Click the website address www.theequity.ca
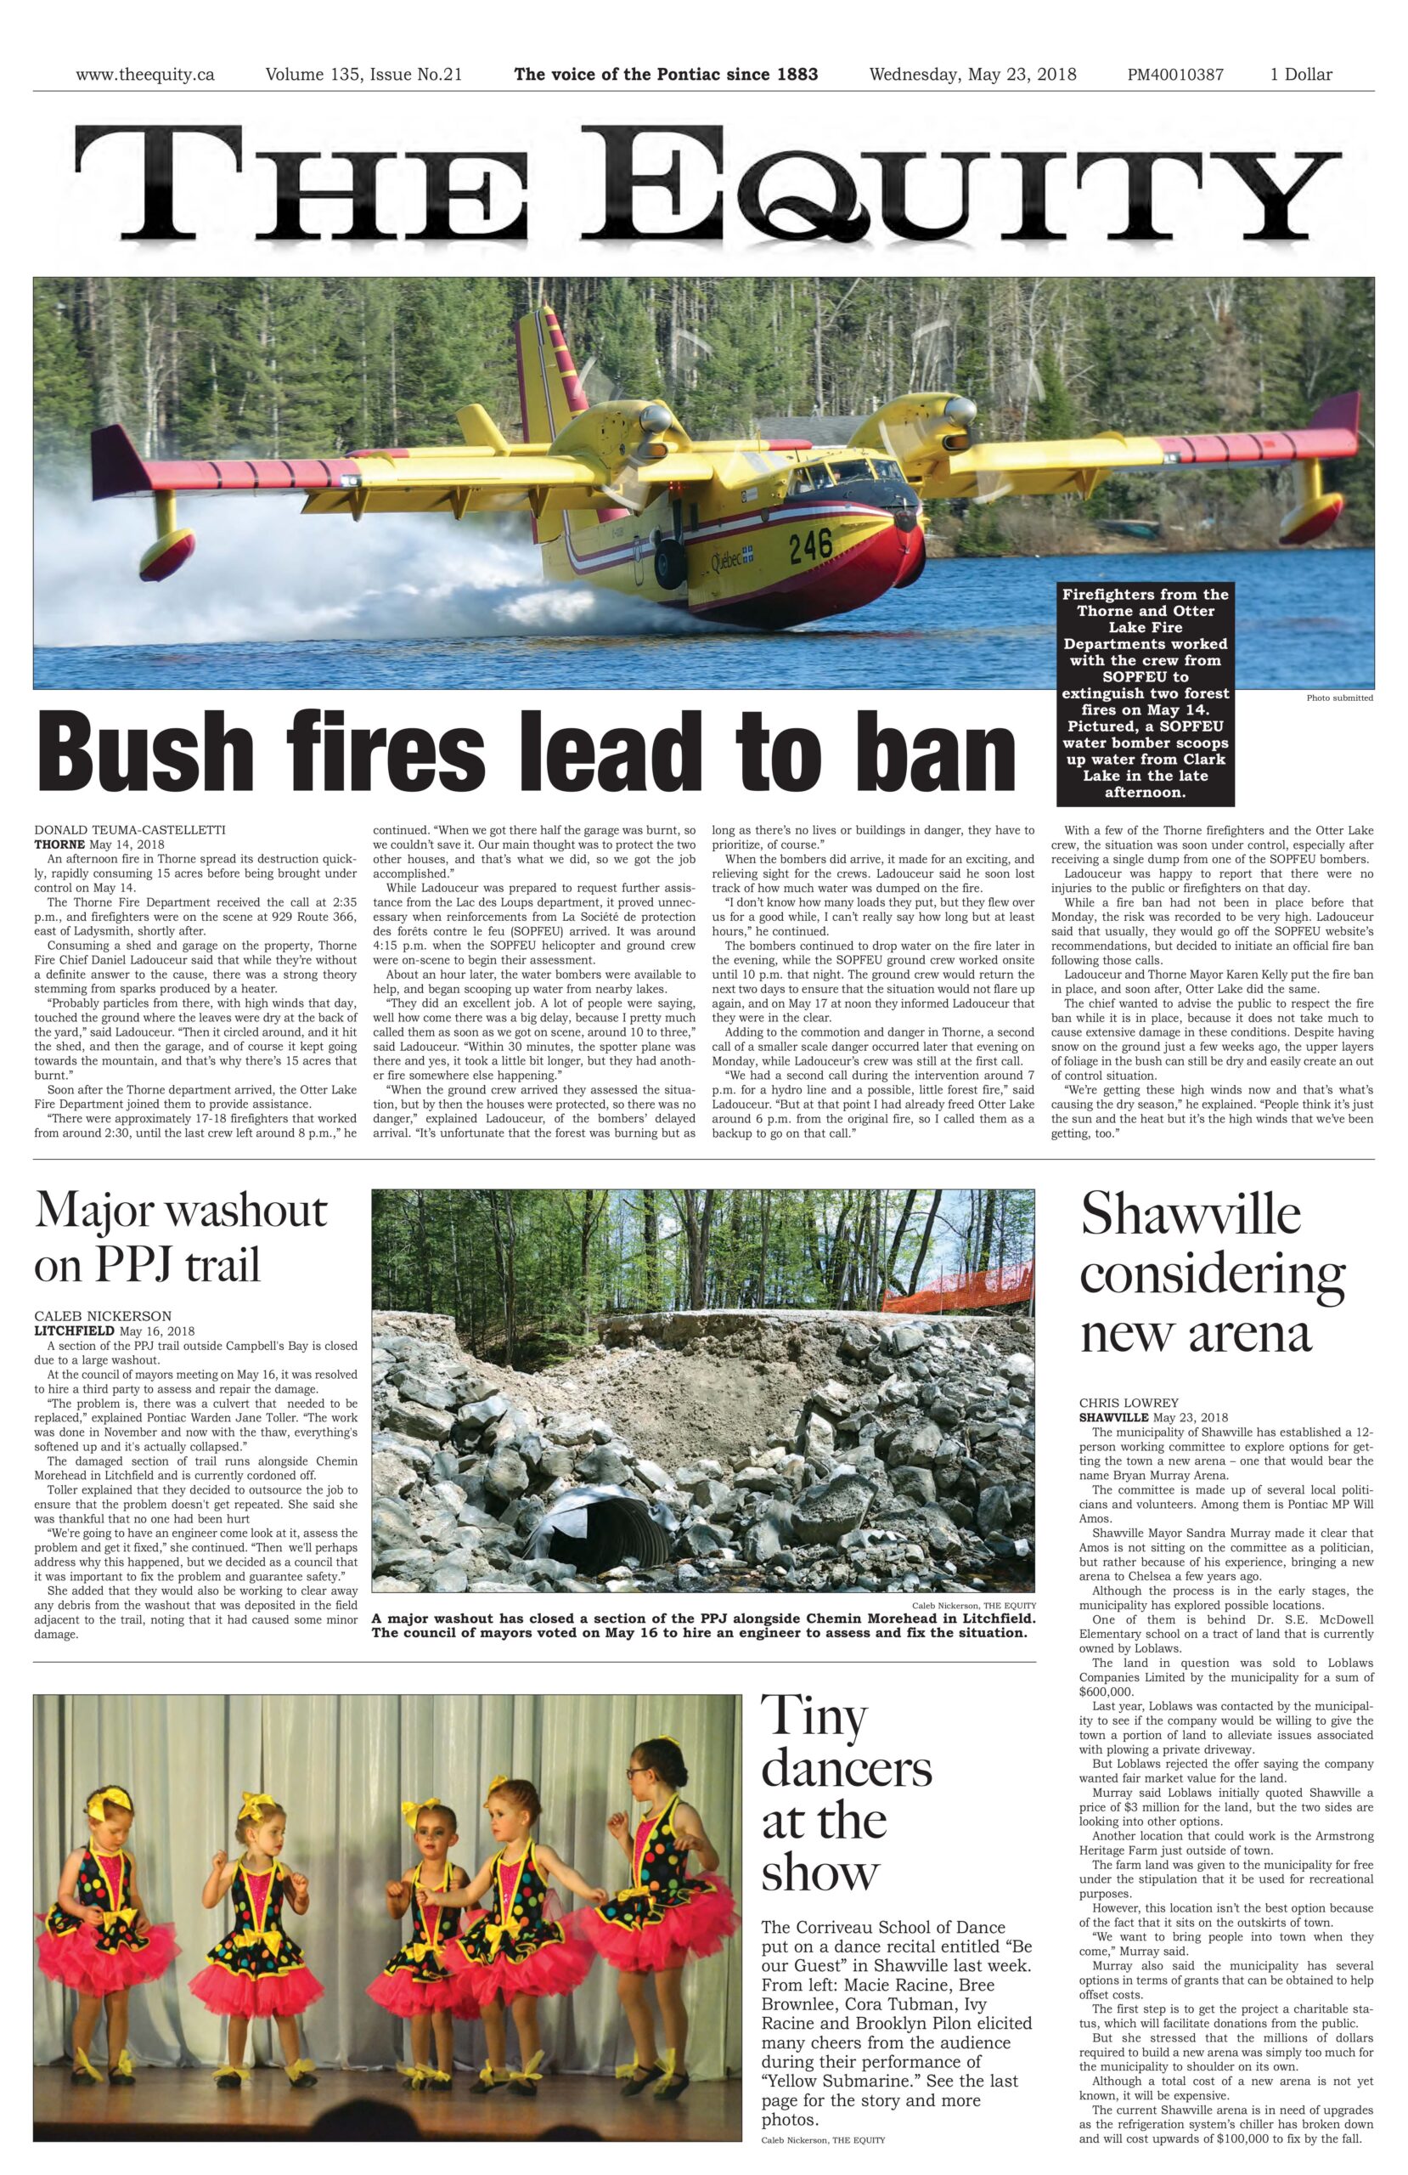[x=144, y=75]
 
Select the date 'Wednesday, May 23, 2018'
[x=972, y=75]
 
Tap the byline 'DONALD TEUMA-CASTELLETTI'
[x=130, y=830]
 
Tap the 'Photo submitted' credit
[x=1338, y=698]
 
